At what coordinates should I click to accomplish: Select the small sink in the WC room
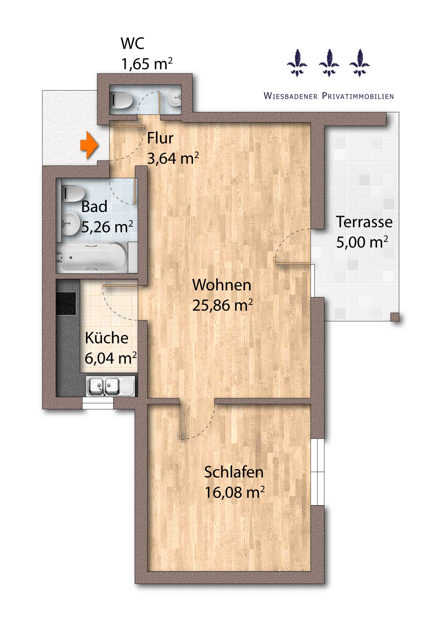[x=175, y=98]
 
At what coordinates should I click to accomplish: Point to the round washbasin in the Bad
[x=70, y=223]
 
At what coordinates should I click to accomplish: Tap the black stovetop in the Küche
[x=66, y=303]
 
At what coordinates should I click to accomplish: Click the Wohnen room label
[x=222, y=285]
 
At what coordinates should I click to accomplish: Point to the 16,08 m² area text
[x=234, y=492]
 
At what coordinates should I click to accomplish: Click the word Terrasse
[x=364, y=222]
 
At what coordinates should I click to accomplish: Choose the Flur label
[x=160, y=138]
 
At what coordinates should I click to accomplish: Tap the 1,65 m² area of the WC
[x=147, y=64]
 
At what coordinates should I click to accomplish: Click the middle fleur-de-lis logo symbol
[x=329, y=63]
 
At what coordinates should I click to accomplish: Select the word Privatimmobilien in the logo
[x=358, y=96]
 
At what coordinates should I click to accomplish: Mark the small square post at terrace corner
[x=395, y=317]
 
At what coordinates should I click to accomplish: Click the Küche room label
[x=106, y=338]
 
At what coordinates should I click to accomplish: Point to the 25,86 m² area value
[x=222, y=305]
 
